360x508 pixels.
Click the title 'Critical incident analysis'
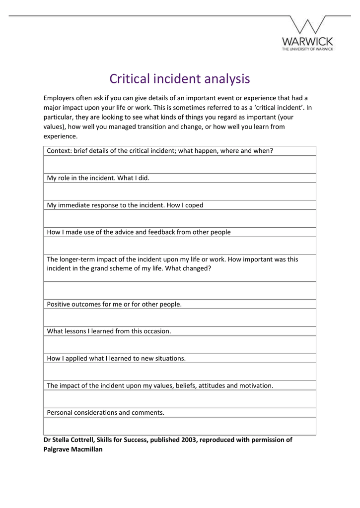point(180,79)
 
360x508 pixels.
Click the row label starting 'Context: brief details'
point(159,151)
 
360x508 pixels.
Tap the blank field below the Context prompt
point(180,164)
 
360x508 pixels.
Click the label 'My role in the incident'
point(97,178)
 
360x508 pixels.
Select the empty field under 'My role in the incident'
point(180,191)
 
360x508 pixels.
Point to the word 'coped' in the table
point(194,205)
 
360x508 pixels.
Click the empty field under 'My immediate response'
point(180,218)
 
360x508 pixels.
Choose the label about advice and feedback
point(139,232)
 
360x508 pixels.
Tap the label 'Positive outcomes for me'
point(114,304)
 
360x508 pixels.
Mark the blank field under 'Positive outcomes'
point(180,317)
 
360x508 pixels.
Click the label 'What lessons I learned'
point(109,331)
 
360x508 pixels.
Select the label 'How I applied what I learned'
point(116,358)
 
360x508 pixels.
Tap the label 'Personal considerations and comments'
point(105,412)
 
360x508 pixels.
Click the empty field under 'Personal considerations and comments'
point(180,426)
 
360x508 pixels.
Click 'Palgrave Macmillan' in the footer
point(73,449)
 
